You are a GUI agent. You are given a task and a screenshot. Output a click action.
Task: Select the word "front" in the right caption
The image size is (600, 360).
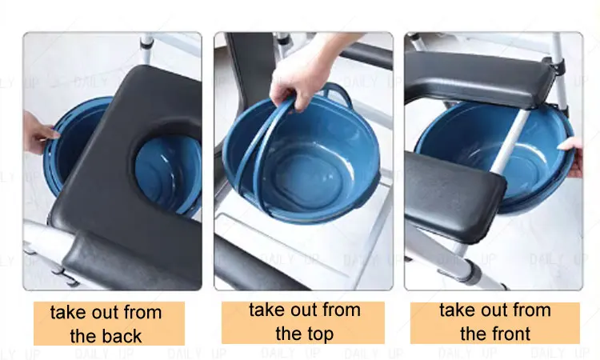(511, 334)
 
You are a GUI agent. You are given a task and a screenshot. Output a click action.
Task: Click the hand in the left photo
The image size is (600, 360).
(38, 132)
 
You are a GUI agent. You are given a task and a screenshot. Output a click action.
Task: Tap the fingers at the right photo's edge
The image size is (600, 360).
(572, 157)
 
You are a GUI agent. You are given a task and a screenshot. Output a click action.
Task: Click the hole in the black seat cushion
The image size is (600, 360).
(168, 168)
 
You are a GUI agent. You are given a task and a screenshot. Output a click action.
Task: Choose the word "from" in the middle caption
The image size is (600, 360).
(341, 310)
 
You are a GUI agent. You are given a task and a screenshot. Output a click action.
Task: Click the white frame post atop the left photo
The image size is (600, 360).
(147, 48)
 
